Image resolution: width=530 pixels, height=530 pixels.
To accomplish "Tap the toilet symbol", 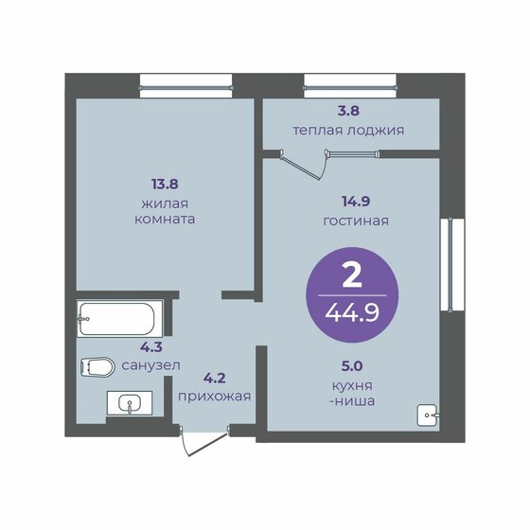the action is [x=97, y=367].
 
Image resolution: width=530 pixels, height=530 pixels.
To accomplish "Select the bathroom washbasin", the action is [x=130, y=403].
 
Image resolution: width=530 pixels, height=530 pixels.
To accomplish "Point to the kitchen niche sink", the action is [x=428, y=415].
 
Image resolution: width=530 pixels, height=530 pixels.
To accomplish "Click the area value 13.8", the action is [x=165, y=185].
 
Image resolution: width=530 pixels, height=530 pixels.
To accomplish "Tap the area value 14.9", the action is [x=356, y=202].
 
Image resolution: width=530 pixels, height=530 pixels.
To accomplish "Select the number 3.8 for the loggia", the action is [x=348, y=111].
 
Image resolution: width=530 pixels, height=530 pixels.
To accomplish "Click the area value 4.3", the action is [x=151, y=346].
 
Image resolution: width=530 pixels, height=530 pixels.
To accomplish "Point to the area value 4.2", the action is [x=214, y=378].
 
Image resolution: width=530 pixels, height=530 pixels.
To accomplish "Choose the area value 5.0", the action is [x=352, y=365].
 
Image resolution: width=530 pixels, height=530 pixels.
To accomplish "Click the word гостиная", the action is [x=356, y=221].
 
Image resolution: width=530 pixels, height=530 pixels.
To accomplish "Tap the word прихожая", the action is [x=214, y=397].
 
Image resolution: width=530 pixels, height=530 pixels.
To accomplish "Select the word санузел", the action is [x=150, y=365].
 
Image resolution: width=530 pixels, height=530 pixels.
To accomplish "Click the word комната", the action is [x=165, y=219].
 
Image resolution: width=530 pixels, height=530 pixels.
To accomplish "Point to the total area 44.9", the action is [x=352, y=313].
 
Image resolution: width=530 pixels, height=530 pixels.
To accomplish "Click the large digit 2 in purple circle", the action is [x=352, y=275].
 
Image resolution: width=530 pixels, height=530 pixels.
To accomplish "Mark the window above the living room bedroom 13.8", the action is [x=185, y=86].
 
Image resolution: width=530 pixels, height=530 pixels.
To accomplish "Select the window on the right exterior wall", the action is [x=452, y=265].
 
